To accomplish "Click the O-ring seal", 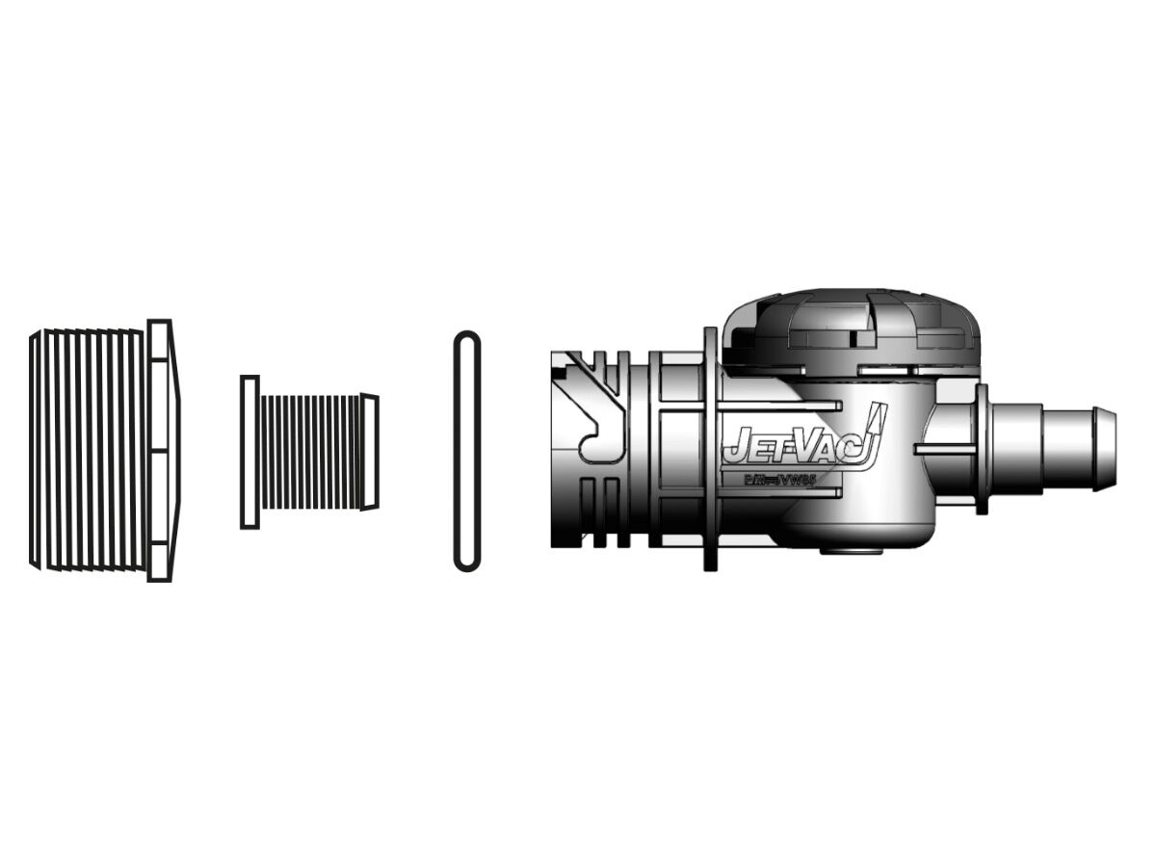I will coord(466,450).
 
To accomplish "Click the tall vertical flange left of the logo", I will coord(710,450).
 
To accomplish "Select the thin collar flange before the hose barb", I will coord(981,448).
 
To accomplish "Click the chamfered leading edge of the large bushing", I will coord(36,450).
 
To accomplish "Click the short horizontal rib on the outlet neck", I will coord(944,449).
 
